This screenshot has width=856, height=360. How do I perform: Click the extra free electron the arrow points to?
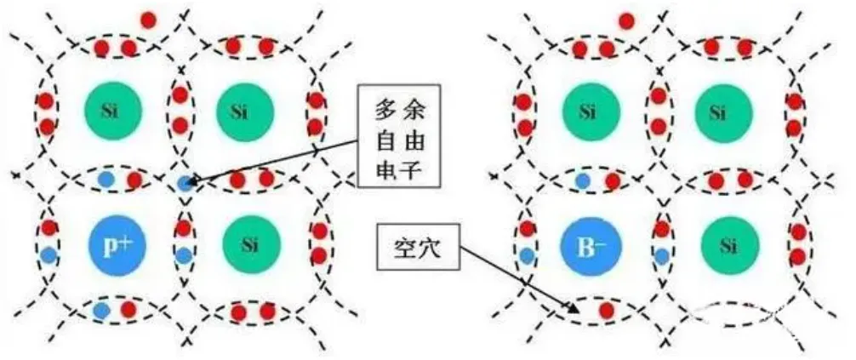(x=185, y=181)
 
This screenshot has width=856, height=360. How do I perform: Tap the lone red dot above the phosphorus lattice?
(x=148, y=19)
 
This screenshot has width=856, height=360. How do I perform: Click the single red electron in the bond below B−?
(x=607, y=310)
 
